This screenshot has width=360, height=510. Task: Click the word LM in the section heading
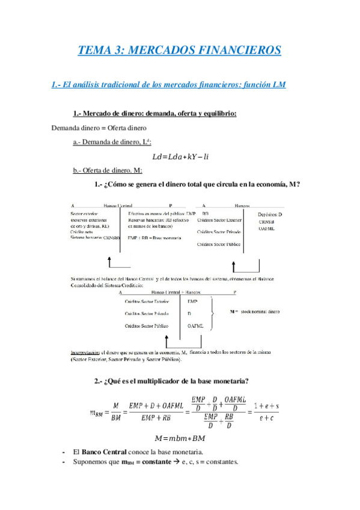click(278, 85)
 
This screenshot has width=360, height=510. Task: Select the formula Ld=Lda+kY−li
click(180, 156)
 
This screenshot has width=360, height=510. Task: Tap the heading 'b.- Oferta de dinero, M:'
click(107, 170)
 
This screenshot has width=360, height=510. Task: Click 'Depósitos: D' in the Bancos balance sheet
click(270, 214)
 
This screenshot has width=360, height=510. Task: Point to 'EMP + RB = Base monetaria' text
click(154, 238)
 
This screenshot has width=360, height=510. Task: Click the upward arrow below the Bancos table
click(233, 265)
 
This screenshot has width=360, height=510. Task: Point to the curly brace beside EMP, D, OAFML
click(213, 313)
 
